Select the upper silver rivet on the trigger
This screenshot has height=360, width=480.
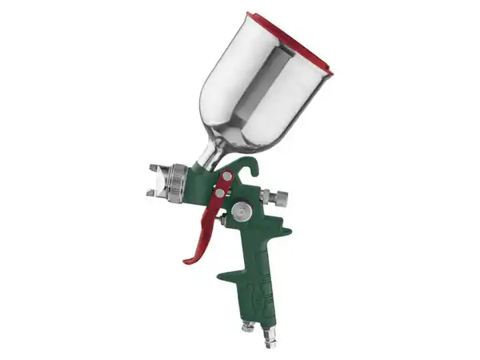coord(227,176)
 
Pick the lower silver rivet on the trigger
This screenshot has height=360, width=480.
coord(220,193)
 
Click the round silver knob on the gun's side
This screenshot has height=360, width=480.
coord(241,210)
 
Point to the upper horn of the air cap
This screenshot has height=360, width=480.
coord(154,167)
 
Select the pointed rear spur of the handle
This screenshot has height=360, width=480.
coord(286,233)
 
